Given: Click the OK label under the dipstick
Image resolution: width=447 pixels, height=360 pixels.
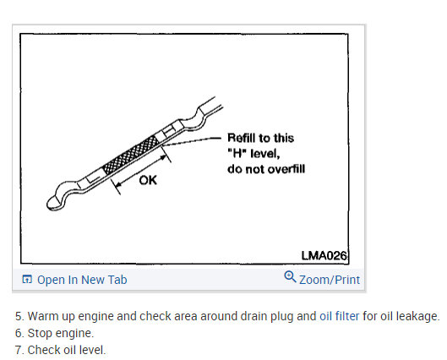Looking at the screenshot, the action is [148, 181].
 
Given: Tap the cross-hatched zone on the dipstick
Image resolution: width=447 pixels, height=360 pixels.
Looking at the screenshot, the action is [131, 155].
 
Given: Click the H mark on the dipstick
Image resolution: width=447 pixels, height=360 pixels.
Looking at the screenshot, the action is [168, 131].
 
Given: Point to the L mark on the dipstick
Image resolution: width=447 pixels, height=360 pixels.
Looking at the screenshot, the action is [93, 178].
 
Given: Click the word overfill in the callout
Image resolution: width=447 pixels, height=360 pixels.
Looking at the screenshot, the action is [286, 169].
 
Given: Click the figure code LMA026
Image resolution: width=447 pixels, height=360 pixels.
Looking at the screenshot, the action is [324, 256].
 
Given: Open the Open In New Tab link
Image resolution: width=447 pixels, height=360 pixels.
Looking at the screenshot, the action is [82, 280].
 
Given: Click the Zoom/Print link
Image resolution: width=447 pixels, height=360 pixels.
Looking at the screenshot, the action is [330, 280].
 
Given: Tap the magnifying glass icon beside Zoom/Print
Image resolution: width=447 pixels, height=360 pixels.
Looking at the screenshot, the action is [290, 276].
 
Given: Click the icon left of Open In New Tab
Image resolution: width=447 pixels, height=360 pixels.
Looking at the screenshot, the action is [27, 280].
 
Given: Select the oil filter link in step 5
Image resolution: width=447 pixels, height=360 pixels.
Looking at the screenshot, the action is [339, 316].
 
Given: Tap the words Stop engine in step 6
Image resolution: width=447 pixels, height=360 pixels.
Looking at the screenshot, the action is [61, 333].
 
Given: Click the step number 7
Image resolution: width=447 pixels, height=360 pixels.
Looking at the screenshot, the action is [19, 350].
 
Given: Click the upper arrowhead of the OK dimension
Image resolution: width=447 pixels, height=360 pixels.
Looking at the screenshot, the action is [163, 156].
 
